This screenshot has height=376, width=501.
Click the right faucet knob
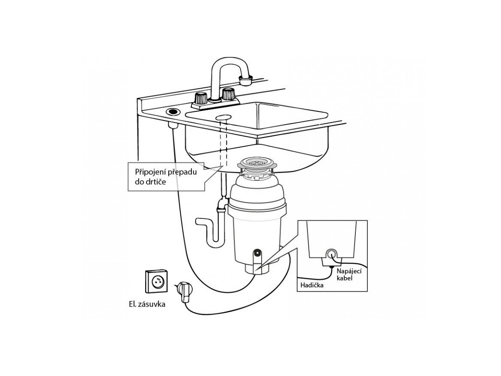[229, 95]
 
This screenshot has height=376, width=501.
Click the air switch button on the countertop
[173, 112]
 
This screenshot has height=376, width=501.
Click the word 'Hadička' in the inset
[312, 285]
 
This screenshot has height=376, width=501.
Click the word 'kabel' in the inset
[344, 278]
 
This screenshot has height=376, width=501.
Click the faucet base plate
[216, 104]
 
